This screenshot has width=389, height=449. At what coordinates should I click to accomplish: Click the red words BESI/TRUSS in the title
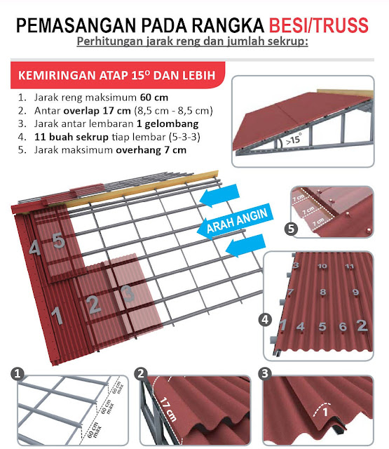tap(318, 26)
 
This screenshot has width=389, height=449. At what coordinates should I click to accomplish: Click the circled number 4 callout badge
tap(266, 320)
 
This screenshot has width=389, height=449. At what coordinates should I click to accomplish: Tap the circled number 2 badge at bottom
tap(142, 373)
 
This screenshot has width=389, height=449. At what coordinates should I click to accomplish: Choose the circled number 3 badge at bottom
tap(264, 373)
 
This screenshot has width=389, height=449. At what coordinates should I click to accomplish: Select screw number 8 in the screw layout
tap(322, 293)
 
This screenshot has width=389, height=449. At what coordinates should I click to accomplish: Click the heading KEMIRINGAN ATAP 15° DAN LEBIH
tap(116, 74)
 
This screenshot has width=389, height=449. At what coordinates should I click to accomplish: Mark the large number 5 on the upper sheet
tap(59, 241)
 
